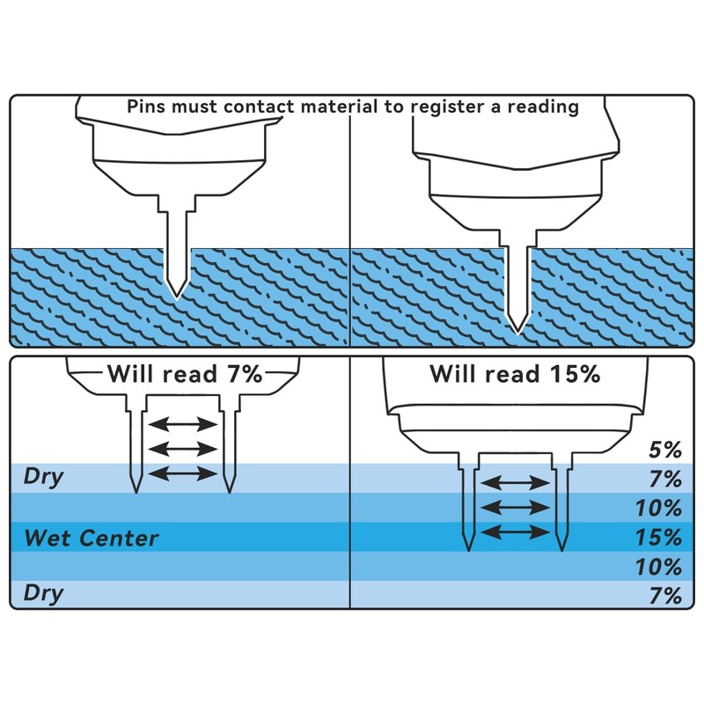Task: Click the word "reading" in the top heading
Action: point(545,107)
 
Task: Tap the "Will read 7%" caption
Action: point(185,373)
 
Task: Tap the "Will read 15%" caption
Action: point(515,373)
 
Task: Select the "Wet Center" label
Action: point(92,537)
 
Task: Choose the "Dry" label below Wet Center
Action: point(44,593)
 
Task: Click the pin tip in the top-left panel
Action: point(177,294)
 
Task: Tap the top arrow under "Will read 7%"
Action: point(182,426)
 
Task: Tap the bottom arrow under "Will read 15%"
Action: point(513,532)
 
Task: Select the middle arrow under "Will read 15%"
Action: point(513,507)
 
